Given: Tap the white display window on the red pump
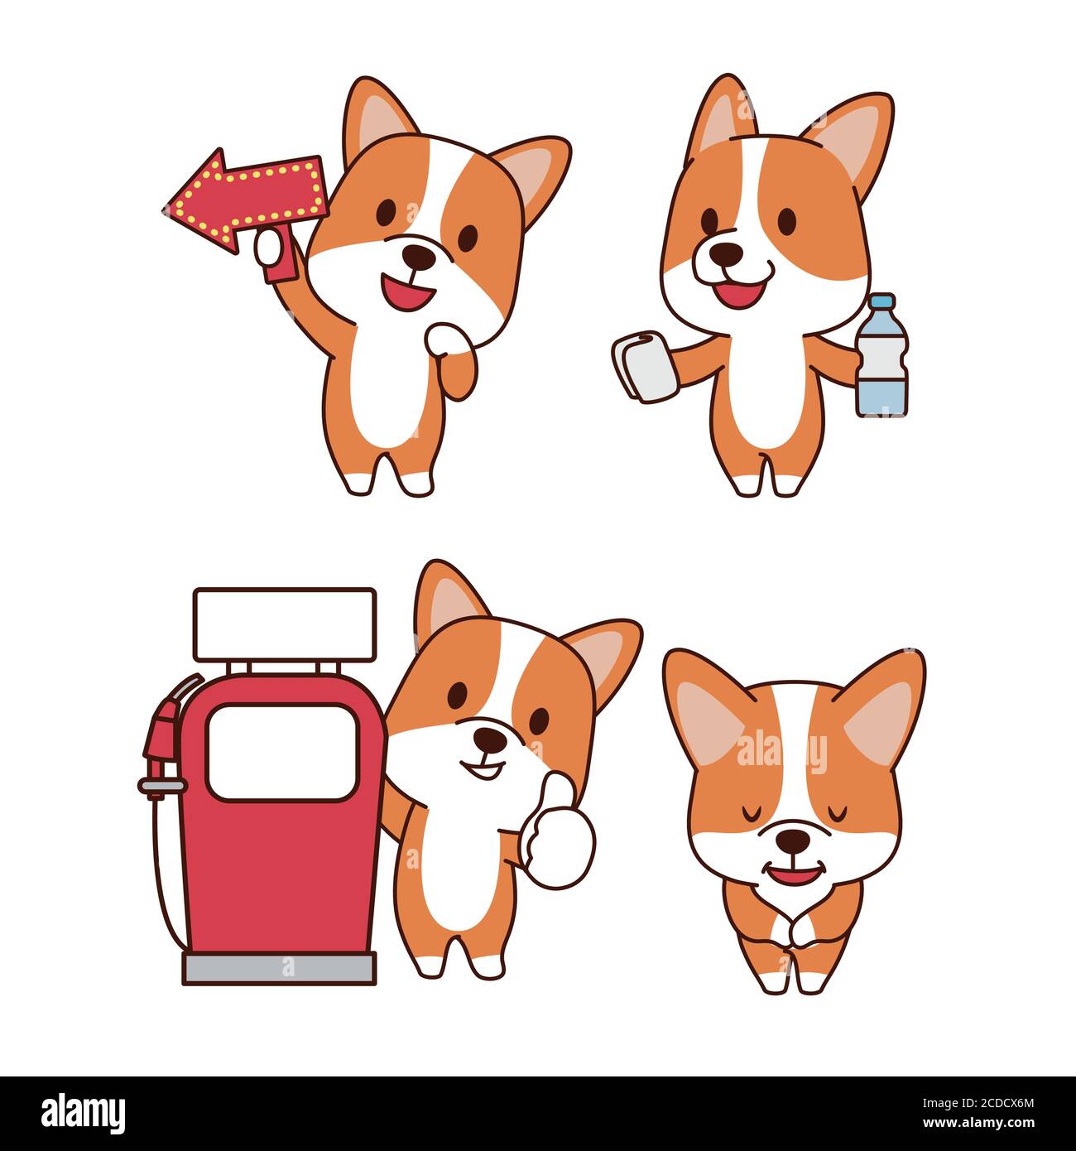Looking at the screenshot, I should pos(281,752).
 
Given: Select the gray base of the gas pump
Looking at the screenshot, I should pos(280,967).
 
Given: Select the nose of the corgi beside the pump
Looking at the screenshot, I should pos(491,738).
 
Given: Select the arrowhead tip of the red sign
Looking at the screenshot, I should pos(170,209).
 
